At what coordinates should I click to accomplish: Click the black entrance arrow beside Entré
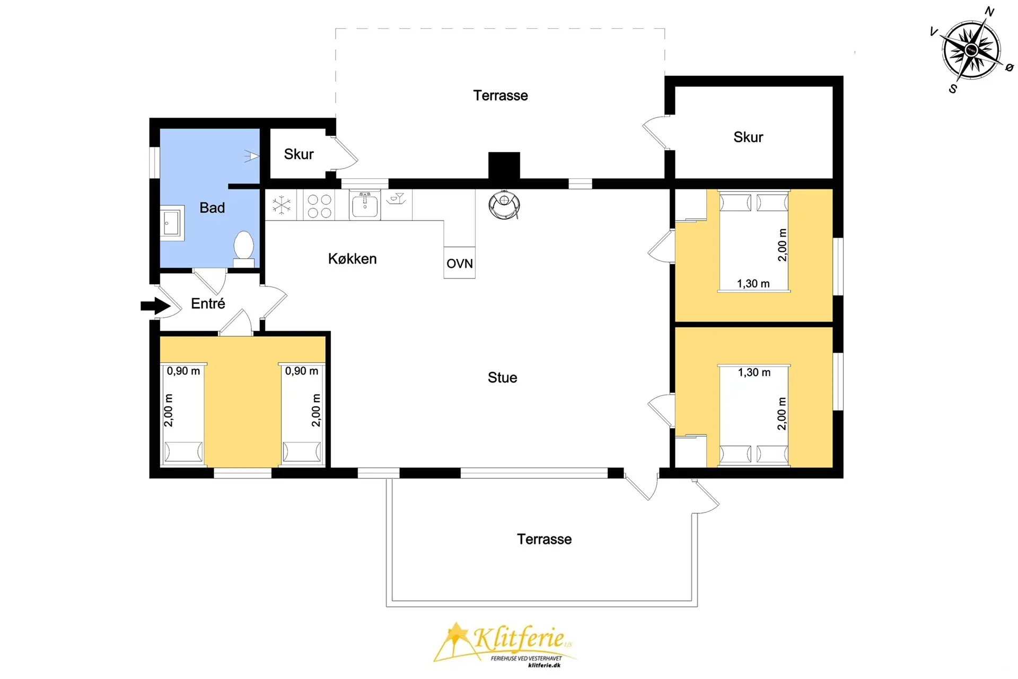[155, 306]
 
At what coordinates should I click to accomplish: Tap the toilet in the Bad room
[244, 249]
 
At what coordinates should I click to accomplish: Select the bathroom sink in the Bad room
[172, 223]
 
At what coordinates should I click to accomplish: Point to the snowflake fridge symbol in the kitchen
[282, 205]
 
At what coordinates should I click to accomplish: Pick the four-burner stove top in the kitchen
[320, 206]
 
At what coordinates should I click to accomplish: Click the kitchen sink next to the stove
[365, 205]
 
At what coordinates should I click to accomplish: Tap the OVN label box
[460, 263]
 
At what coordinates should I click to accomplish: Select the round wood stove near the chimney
[504, 205]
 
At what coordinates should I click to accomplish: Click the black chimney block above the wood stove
[504, 166]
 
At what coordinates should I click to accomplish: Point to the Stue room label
[503, 378]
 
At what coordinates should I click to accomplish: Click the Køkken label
[353, 259]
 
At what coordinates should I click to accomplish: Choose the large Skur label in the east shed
[748, 137]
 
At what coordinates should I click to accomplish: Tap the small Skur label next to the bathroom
[299, 154]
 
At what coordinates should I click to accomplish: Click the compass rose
[971, 50]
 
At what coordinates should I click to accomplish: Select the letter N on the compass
[989, 12]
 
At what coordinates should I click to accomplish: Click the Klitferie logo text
[519, 637]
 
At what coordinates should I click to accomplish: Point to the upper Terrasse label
[501, 95]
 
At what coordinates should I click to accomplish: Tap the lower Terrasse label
[545, 539]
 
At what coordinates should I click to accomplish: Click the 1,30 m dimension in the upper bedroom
[753, 284]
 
